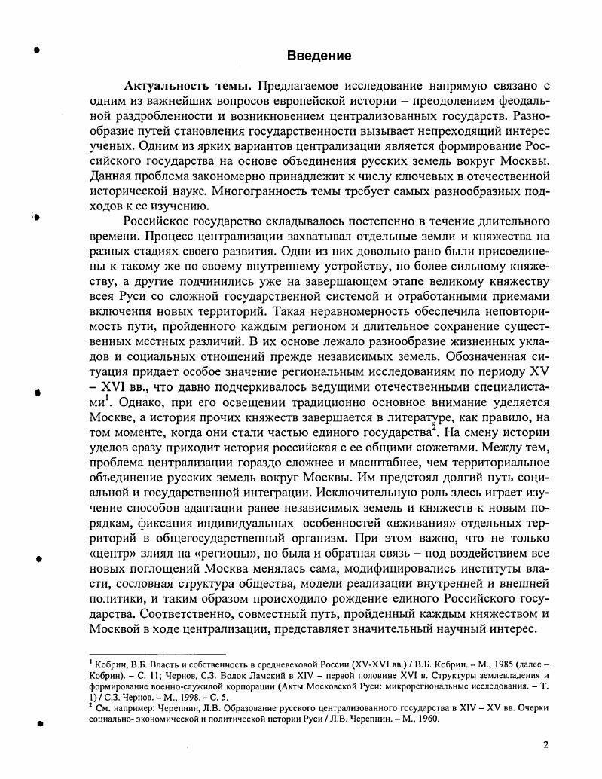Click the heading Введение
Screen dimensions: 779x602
coord(320,56)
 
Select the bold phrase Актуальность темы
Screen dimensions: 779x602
coord(186,86)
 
